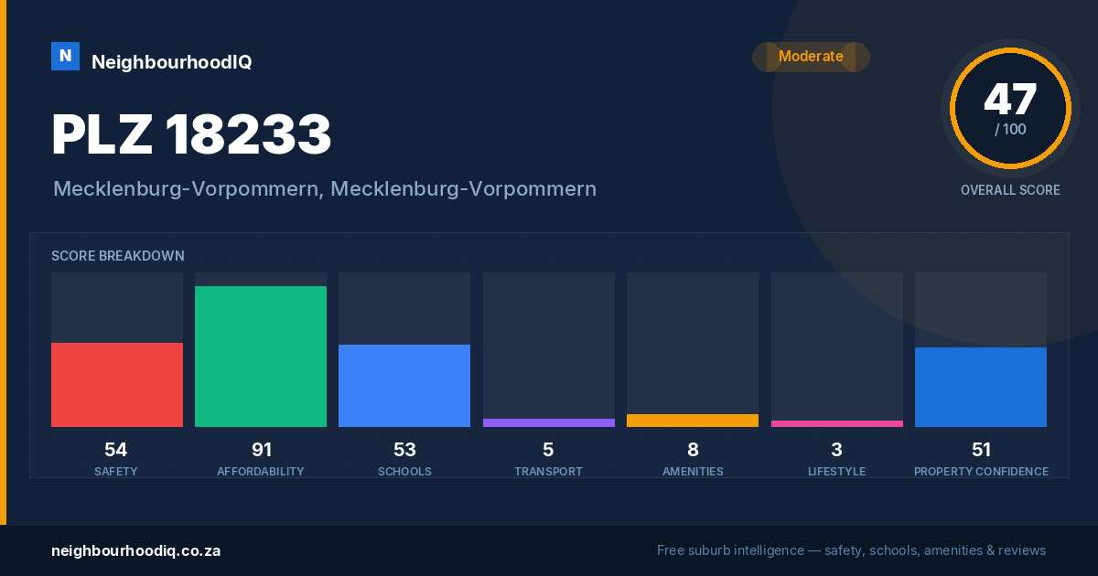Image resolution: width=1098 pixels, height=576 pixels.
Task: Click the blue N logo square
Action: coord(65,57)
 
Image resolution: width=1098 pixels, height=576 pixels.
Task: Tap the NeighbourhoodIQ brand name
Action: coord(172,62)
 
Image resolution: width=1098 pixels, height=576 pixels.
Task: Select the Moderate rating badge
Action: coord(811,57)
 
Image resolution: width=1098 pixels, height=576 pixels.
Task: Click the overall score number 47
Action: coord(1010,99)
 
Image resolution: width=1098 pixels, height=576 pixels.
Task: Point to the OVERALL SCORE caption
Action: coord(1010,190)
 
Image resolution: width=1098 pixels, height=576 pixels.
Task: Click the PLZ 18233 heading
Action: coord(191,133)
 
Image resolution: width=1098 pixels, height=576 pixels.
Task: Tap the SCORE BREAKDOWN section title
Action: coord(118,256)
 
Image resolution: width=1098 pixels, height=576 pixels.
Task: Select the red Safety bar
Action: coord(117,385)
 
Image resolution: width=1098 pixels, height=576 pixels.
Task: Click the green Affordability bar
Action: coord(261,357)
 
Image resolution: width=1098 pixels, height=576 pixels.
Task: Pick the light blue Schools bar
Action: coord(404,386)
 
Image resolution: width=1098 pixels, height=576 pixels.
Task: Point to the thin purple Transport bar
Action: coord(549,423)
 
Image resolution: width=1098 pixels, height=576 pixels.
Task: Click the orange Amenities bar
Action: coord(693,421)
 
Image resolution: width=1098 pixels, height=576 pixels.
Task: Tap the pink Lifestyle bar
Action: coord(837,424)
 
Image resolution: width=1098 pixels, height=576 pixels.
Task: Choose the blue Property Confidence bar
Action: coord(981,388)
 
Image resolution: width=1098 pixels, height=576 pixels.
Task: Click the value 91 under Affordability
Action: coord(262,450)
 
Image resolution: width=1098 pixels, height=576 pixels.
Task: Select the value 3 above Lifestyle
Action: coord(836,450)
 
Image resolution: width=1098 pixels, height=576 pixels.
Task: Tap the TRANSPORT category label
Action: coord(548,472)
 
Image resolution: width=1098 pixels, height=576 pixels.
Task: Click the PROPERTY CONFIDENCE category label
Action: coord(981,472)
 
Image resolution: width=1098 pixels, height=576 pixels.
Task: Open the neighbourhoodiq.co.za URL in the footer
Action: coord(136,551)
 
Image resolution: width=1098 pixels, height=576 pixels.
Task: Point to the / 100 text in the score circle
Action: coord(1010,130)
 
